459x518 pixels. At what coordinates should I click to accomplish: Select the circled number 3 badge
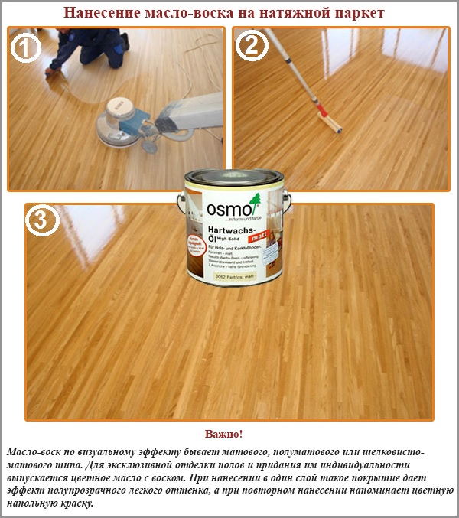coord(43,222)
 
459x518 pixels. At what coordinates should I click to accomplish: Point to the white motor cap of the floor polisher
coord(120,104)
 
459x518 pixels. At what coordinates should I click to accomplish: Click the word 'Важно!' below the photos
coord(229,435)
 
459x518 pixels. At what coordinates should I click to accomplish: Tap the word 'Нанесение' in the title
coord(100,12)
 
